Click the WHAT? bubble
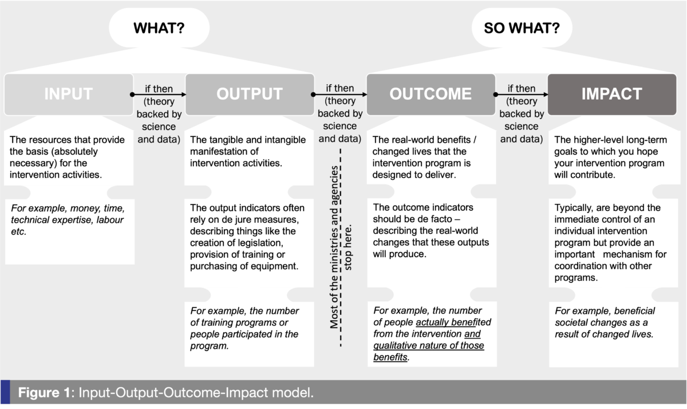[x=159, y=27]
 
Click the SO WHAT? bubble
[x=522, y=27]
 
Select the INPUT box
[x=69, y=94]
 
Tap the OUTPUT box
[x=250, y=94]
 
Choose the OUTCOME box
[x=431, y=94]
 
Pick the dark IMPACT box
[x=612, y=94]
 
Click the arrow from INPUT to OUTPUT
[x=158, y=95]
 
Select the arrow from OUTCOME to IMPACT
[x=521, y=95]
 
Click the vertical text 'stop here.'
[x=348, y=247]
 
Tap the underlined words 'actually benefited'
[x=453, y=322]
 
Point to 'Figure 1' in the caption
[x=44, y=393]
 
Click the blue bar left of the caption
[x=5, y=392]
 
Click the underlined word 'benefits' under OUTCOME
[x=390, y=357]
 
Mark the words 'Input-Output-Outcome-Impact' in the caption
[x=173, y=393]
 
